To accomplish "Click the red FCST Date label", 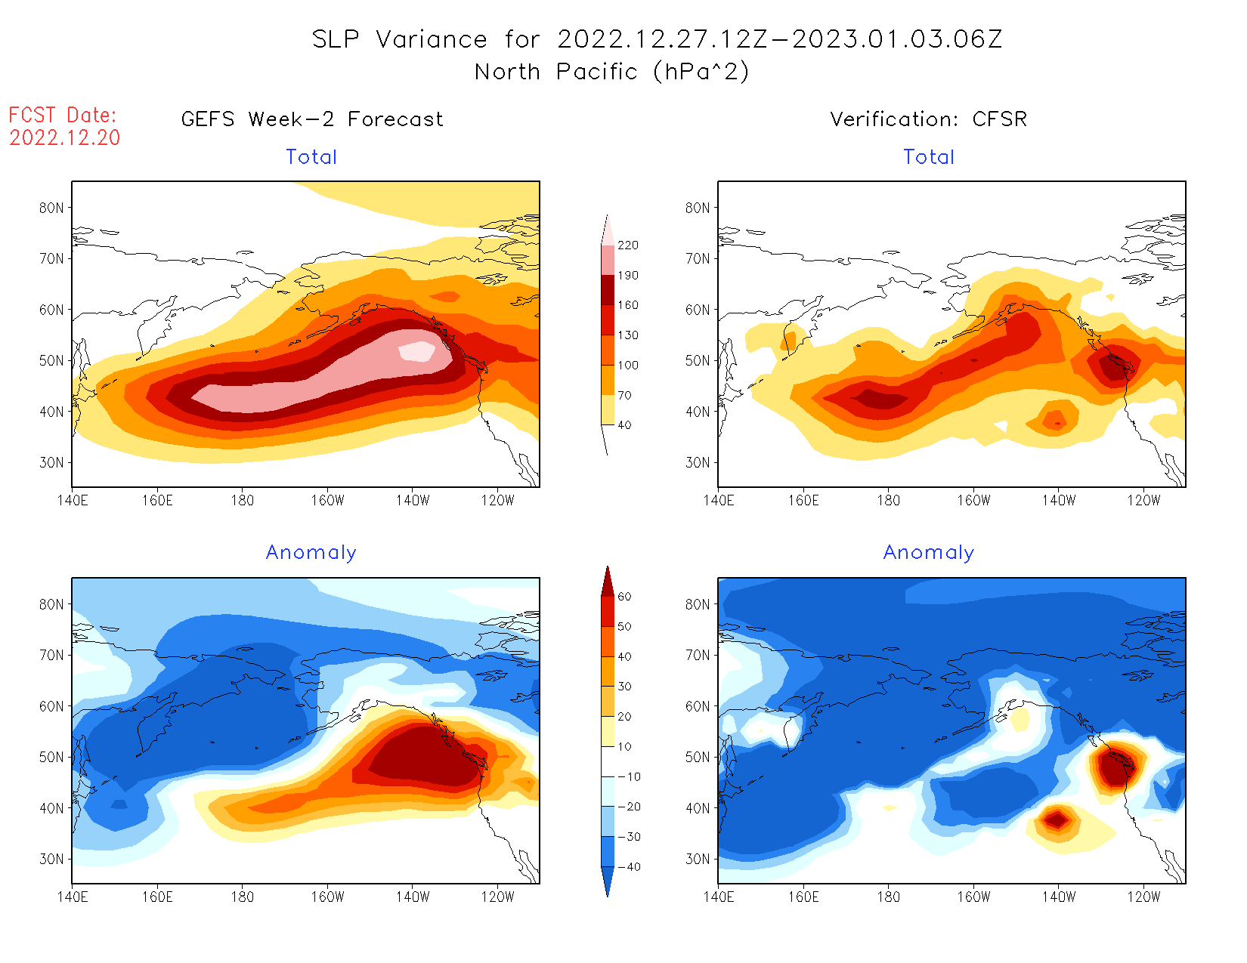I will click(62, 115).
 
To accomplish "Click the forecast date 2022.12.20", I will click(65, 137).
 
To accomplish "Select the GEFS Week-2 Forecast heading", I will click(312, 119).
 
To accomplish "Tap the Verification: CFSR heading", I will click(928, 119).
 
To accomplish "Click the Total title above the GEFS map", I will click(311, 157).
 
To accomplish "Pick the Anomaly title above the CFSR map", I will click(928, 553).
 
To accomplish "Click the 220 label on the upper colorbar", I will click(627, 245).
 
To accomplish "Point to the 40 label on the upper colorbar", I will click(624, 425).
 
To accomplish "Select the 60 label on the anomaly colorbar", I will click(624, 597).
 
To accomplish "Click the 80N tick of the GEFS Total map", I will click(51, 208).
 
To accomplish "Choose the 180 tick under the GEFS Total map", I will click(243, 500).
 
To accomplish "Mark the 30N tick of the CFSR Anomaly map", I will click(698, 859).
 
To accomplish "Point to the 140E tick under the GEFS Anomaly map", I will click(73, 897).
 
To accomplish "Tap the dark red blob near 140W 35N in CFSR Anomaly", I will click(1057, 818).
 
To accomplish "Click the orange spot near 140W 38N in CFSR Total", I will click(1055, 420).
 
